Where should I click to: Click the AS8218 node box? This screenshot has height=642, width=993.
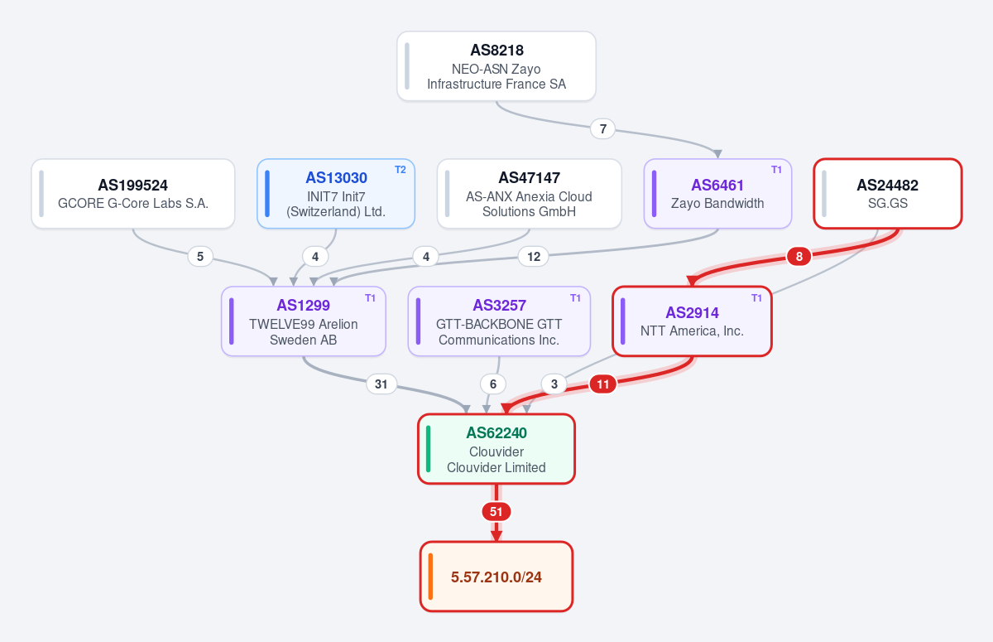click(496, 66)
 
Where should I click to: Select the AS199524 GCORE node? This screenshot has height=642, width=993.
click(133, 194)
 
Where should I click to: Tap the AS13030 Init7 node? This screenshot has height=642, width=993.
click(336, 194)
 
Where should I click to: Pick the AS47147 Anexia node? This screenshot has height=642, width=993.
click(530, 194)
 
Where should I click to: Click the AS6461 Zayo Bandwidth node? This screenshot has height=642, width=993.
click(717, 194)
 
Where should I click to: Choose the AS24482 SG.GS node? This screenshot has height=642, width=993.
click(887, 194)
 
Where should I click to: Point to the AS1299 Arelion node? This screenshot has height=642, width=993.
click(304, 321)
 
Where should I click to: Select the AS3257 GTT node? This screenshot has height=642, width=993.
click(499, 321)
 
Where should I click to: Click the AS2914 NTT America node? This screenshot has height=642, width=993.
click(692, 321)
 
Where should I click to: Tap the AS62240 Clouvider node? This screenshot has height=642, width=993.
click(496, 449)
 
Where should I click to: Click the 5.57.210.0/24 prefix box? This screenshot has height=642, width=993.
click(496, 577)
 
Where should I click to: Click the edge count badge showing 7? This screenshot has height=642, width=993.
click(603, 129)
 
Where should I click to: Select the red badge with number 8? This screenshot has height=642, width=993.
click(799, 257)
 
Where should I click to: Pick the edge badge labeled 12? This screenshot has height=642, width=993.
click(533, 257)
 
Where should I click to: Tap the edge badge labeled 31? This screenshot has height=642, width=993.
click(381, 384)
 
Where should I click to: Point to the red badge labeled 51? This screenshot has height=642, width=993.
click(496, 512)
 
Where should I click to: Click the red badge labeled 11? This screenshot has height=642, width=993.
click(603, 384)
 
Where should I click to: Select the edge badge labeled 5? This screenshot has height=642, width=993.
click(200, 257)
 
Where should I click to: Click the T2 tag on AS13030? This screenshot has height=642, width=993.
click(401, 170)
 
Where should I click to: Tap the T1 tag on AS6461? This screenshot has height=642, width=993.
click(777, 170)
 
